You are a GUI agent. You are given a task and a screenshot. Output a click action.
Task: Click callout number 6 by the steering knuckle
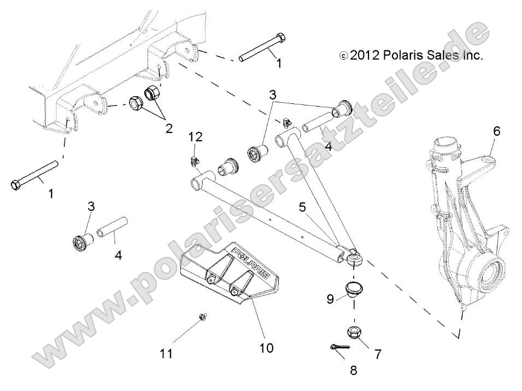tap(496, 131)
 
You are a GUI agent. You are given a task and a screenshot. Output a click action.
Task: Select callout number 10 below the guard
tap(267, 347)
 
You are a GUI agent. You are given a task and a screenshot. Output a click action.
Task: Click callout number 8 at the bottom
tap(353, 370)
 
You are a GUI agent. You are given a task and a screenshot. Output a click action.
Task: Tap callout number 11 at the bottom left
tap(167, 354)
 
